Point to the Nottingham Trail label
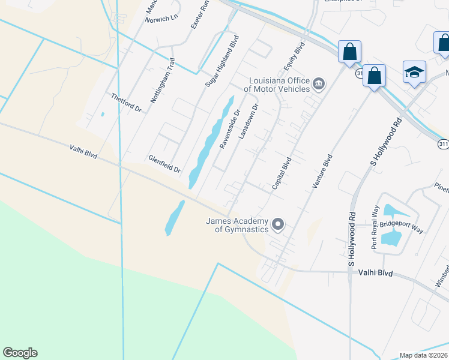point(162,80)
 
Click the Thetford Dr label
point(125,102)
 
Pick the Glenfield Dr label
point(164,164)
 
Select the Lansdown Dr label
point(248,122)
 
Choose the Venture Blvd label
point(322,172)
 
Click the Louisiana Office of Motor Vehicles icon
point(319,83)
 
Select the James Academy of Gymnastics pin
point(278,224)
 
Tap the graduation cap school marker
point(414,72)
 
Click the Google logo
point(20,353)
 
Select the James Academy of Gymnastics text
point(237,225)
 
